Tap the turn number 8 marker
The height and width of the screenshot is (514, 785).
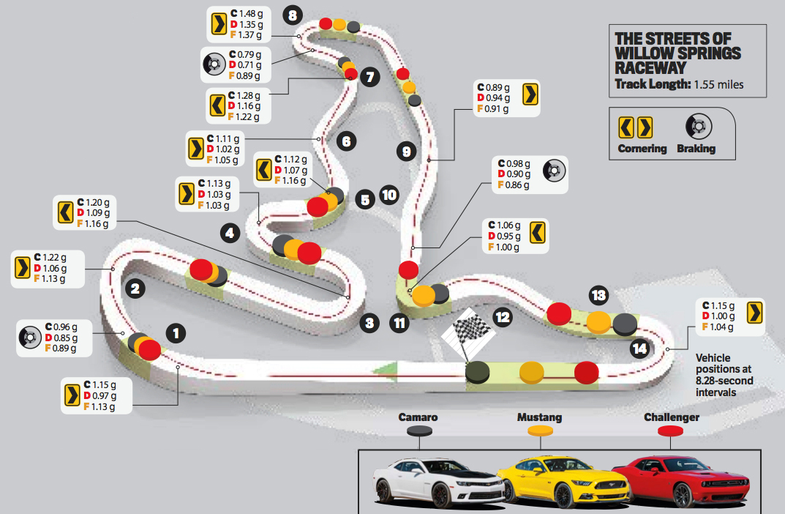[293, 15]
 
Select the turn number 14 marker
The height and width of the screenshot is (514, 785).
[640, 349]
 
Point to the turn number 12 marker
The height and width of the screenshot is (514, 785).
[502, 317]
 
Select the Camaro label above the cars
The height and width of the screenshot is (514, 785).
[418, 417]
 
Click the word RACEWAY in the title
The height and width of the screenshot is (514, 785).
[650, 67]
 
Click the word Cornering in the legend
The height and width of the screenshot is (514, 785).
[642, 149]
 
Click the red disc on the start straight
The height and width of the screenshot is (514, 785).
[587, 373]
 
